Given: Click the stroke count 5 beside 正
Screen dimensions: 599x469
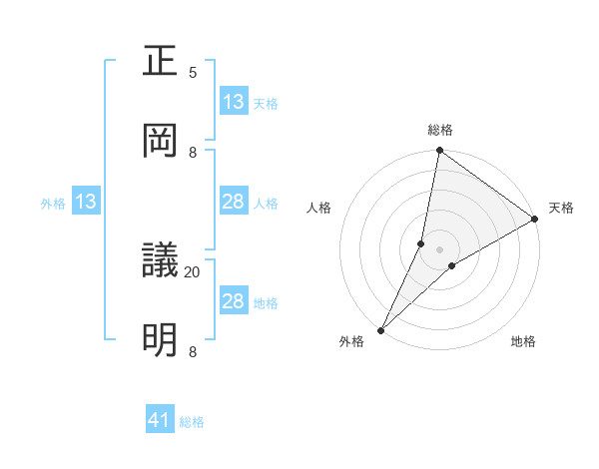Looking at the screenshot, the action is click(193, 72).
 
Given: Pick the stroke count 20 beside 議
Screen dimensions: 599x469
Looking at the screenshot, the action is click(193, 271).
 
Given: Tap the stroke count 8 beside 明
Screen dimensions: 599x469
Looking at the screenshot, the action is click(193, 351).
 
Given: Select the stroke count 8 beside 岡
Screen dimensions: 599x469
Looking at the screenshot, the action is click(193, 152).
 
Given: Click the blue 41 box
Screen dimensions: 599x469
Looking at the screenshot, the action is click(160, 420).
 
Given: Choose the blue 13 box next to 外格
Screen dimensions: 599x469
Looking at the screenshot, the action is click(86, 203).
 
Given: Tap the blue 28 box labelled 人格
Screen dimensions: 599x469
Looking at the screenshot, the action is click(233, 203).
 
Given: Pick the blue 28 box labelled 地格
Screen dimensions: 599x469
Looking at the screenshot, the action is click(233, 301).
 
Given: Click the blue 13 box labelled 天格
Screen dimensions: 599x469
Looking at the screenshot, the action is click(233, 102).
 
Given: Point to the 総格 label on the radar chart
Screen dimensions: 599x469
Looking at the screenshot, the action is click(440, 130).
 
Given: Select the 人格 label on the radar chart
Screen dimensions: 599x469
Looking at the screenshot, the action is click(319, 208).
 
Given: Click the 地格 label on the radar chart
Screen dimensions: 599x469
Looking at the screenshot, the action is click(523, 342).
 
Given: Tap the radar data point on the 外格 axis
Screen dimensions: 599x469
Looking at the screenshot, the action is click(380, 329).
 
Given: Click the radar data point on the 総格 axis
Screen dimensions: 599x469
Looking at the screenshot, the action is click(440, 151).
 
